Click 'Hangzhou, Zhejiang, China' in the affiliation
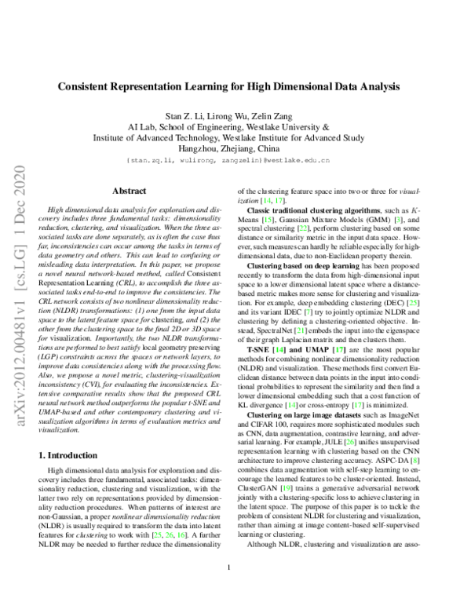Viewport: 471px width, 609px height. [235, 148]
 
